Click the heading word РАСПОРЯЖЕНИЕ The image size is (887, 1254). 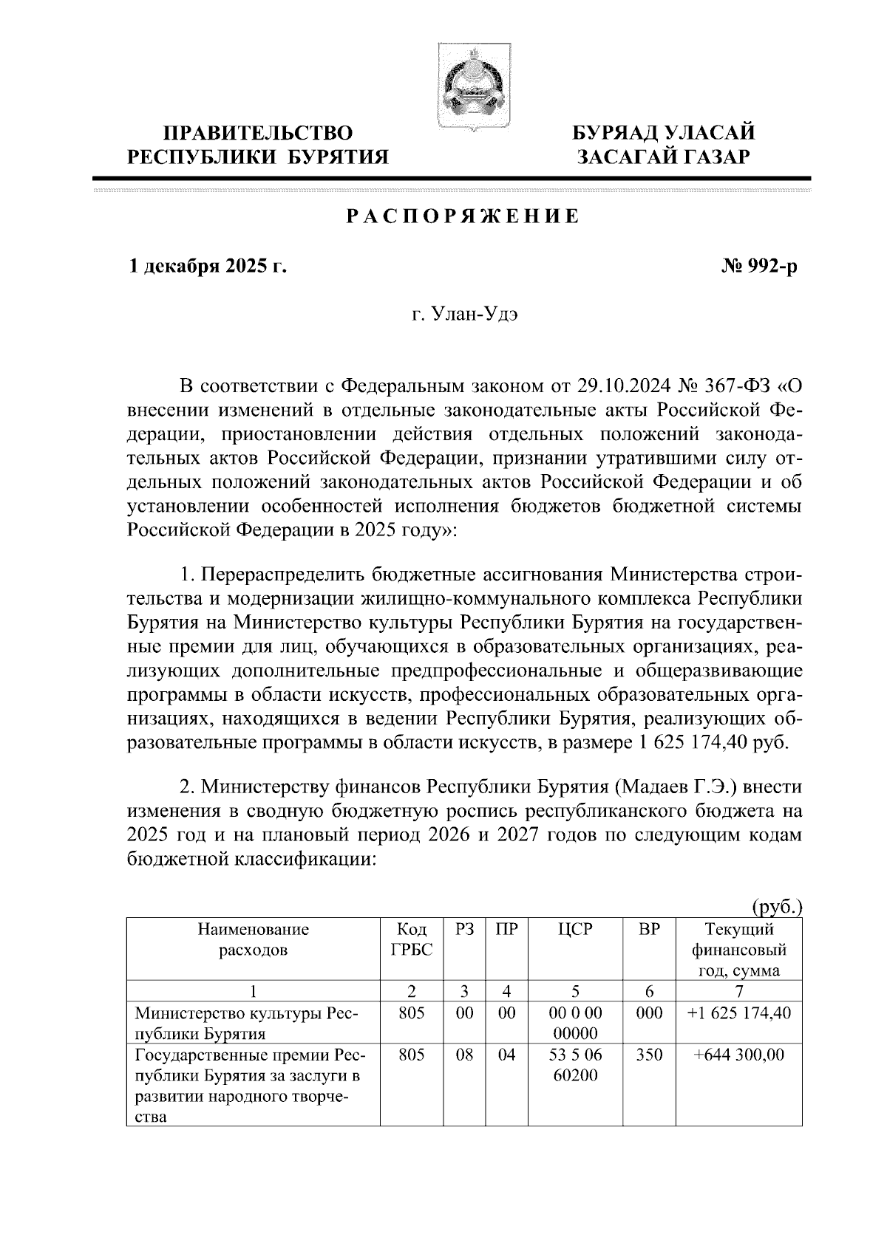click(463, 216)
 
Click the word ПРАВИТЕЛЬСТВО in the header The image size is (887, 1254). click(258, 133)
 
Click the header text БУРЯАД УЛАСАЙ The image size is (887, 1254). click(665, 133)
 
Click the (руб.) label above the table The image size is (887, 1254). click(777, 905)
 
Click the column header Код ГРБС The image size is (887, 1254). click(412, 939)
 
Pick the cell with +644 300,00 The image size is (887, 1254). click(738, 1055)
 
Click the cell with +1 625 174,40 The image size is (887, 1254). click(738, 1013)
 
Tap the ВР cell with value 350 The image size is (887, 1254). click(648, 1055)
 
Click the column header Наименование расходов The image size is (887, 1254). click(253, 939)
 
